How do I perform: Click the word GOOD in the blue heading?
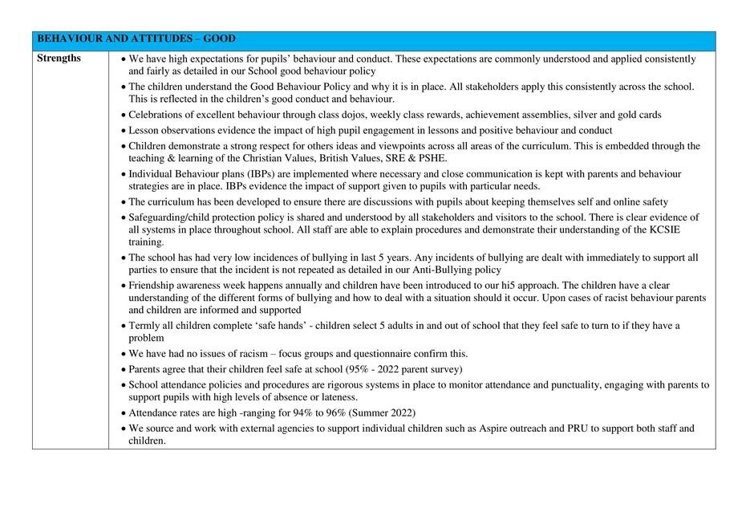tap(220, 39)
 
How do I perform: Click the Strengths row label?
tap(59, 59)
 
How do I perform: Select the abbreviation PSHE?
tap(429, 158)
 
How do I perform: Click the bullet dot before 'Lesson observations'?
tap(123, 131)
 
